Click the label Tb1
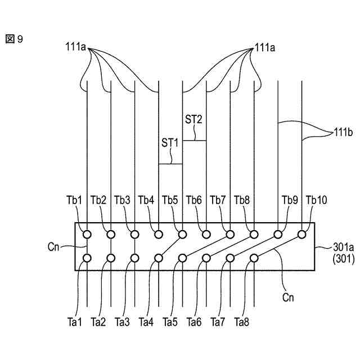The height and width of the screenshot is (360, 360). [74, 200]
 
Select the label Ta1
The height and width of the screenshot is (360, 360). [74, 322]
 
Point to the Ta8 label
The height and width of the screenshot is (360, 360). [242, 322]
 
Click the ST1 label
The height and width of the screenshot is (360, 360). [170, 143]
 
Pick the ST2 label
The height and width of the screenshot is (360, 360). [193, 119]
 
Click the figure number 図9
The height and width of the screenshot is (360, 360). [15, 40]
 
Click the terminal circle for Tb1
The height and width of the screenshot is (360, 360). [87, 234]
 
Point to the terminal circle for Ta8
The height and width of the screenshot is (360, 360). [254, 258]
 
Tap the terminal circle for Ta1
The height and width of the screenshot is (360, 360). [87, 258]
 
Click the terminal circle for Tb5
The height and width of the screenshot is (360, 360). [182, 234]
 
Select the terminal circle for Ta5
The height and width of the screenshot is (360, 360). [182, 258]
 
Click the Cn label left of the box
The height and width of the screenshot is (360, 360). [55, 246]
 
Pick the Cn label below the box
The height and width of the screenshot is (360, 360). [288, 296]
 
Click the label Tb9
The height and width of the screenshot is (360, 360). [290, 200]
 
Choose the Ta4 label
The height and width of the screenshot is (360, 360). [146, 322]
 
